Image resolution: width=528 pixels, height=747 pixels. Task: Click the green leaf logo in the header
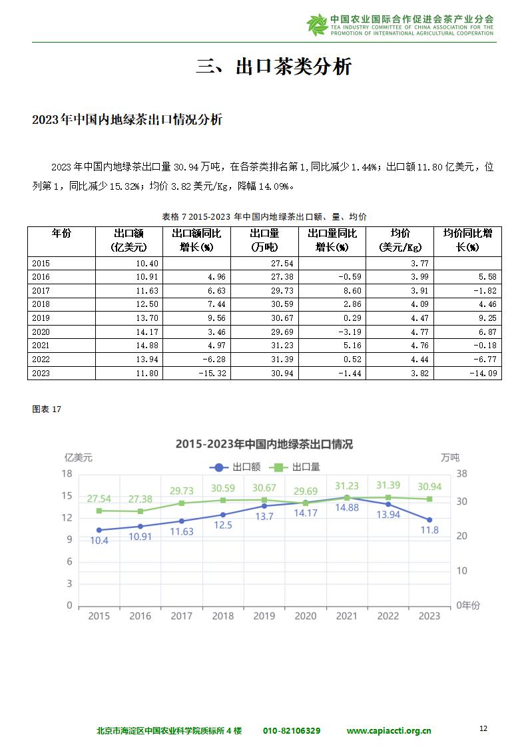pos(317,25)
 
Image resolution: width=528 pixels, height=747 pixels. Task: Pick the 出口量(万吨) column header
pos(264,240)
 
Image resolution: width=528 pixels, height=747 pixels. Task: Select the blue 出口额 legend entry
pos(235,467)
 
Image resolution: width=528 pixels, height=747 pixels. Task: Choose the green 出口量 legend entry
pos(294,467)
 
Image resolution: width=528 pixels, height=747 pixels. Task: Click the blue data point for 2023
pos(429,520)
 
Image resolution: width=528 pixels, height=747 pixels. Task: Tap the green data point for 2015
pos(99,511)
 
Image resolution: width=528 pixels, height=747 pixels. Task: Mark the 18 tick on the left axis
pos(67,473)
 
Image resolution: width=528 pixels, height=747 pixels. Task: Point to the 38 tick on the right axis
pos(462,473)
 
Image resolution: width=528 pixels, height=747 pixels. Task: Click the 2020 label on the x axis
pos(306,616)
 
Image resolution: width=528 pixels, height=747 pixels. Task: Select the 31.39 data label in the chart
pos(388,485)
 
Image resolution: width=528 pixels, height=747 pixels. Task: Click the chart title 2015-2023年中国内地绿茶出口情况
pos(264,444)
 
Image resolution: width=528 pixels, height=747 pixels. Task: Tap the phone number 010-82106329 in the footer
pos(292,731)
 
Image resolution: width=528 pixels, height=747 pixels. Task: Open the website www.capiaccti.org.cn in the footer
pos(389,731)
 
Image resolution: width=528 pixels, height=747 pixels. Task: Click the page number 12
pos(483,728)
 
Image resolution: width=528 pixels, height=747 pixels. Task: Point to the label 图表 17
pos(47,409)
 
